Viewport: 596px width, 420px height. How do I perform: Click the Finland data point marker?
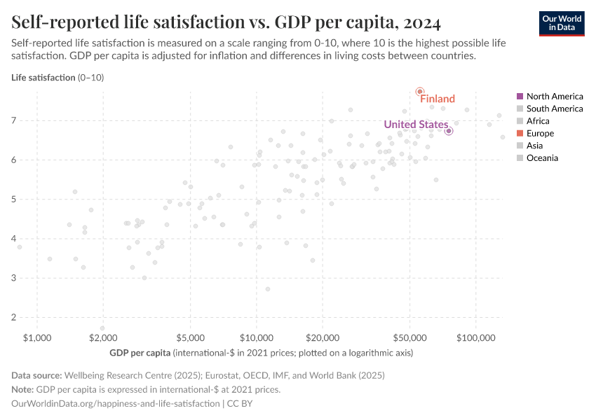pos(419,92)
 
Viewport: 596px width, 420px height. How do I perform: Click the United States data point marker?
pos(449,131)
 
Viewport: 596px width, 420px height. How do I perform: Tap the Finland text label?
pos(438,99)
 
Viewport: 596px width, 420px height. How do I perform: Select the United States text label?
pos(415,125)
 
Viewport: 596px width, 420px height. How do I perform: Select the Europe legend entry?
pos(539,133)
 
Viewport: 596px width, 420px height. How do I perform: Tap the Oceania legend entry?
pos(541,158)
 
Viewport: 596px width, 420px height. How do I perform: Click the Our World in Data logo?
pos(561,23)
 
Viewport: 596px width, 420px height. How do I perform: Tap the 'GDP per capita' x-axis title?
pos(140,352)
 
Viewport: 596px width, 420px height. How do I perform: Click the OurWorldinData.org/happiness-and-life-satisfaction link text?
pos(116,404)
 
